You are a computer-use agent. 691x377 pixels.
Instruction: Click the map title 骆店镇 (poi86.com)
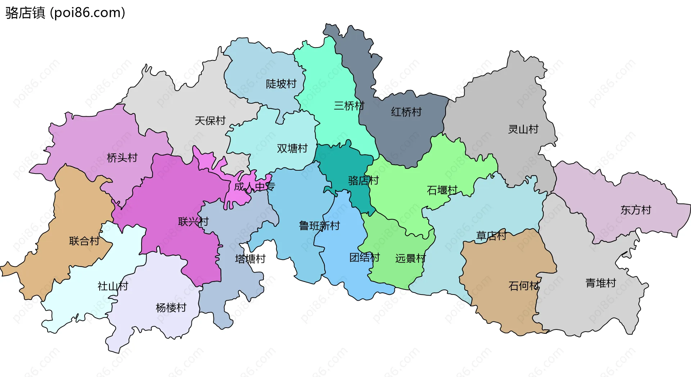point(65,13)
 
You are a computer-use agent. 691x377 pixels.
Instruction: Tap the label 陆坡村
point(281,84)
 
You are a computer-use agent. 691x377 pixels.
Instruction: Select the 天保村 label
point(210,120)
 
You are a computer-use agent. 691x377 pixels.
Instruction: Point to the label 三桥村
point(349,106)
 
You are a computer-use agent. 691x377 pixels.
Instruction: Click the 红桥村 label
point(406,112)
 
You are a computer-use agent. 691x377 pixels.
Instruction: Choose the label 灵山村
point(523,129)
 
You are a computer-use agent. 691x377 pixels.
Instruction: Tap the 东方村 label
point(636,210)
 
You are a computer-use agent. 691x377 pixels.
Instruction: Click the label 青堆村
point(601,283)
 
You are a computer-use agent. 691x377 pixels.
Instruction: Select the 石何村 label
point(524,286)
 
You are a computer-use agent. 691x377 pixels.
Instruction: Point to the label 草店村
point(491,236)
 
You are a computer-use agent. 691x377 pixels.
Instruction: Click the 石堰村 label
point(442,190)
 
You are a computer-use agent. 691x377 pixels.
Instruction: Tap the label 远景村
point(410,258)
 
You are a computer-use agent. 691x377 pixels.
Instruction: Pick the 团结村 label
point(365,257)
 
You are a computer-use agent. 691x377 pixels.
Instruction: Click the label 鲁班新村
point(320,226)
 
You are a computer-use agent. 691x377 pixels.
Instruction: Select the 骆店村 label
point(363,180)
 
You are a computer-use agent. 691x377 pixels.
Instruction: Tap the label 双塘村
point(292,148)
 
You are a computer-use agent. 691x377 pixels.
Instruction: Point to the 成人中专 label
point(254,187)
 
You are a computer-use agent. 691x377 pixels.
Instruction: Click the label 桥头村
point(122,158)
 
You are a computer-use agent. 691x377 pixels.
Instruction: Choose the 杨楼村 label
point(171,308)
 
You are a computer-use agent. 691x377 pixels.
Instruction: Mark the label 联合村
point(84,241)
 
